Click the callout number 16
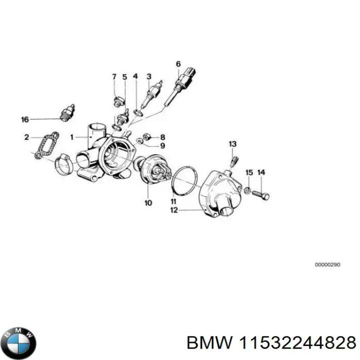25,119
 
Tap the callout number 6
178,63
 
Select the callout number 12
173,210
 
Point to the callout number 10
148,203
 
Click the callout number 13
232,144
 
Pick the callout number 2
26,136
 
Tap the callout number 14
260,172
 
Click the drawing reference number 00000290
327,265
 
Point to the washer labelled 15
247,190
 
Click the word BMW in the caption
205,342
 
